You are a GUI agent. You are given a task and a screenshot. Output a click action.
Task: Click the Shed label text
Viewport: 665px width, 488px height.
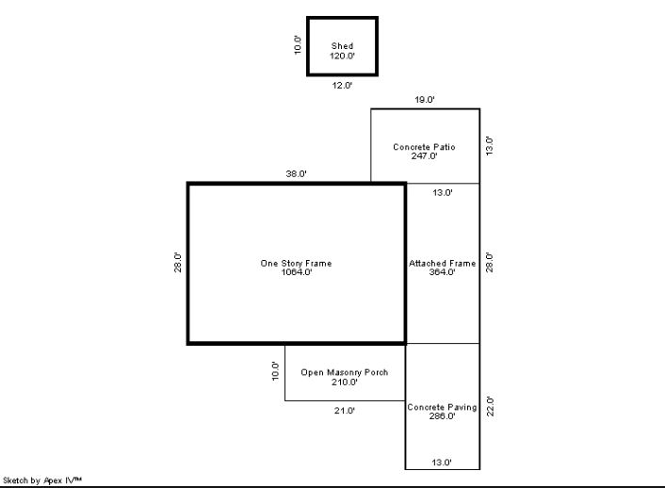(x=342, y=46)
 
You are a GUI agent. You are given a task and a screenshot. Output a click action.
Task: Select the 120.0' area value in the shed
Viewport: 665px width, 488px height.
(x=342, y=56)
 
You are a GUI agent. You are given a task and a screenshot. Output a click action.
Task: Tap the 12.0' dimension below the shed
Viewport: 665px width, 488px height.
(x=342, y=86)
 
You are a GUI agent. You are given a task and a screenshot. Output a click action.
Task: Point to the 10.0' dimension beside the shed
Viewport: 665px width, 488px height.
(x=298, y=44)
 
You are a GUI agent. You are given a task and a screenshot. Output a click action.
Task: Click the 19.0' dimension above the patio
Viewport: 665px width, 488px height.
(x=425, y=100)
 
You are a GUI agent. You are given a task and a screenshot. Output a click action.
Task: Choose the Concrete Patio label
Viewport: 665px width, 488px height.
(x=424, y=147)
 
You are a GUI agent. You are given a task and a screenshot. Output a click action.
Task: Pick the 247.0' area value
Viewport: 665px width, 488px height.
(x=424, y=155)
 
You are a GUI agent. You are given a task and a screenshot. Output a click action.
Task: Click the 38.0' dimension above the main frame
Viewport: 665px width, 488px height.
(x=296, y=173)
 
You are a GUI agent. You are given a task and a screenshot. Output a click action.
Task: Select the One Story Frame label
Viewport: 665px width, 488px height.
(x=296, y=263)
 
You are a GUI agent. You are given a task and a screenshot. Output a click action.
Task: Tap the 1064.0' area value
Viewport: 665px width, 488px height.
(x=297, y=272)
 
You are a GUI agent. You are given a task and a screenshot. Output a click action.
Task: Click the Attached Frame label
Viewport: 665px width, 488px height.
(x=443, y=263)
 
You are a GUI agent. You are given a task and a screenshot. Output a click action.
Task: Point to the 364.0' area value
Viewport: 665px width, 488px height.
(x=442, y=272)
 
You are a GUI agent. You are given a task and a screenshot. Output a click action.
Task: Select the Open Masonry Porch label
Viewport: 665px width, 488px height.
(x=345, y=372)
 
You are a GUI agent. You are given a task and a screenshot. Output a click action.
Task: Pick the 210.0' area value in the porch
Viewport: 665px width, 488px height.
(x=345, y=382)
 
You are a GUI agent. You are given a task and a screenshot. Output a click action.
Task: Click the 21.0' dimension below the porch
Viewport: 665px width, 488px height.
(x=345, y=411)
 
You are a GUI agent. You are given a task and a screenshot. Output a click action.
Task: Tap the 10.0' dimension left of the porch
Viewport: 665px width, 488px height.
(x=276, y=371)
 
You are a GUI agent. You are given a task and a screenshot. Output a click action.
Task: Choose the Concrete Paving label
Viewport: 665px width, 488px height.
(x=442, y=407)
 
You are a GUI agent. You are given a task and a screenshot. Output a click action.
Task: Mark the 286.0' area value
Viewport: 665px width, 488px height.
(x=442, y=415)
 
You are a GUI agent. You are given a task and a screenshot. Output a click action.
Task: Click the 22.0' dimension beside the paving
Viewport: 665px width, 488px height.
(x=490, y=406)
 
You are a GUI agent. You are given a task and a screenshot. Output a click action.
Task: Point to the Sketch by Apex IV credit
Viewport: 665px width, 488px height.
(x=42, y=480)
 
